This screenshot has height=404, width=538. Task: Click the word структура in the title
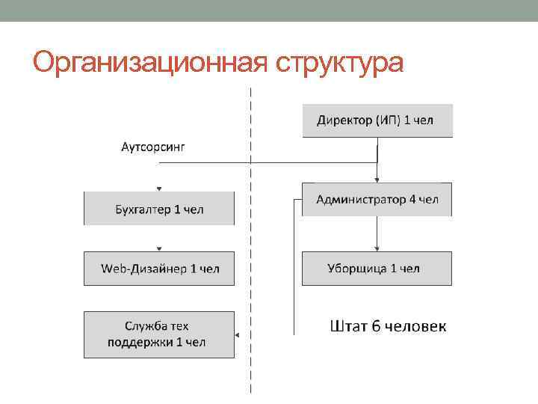[339, 64]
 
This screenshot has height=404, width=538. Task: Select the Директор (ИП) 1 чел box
[377, 120]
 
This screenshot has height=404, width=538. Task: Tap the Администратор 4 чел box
[377, 200]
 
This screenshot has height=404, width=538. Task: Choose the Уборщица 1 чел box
[377, 269]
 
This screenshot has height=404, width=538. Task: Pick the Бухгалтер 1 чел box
[158, 209]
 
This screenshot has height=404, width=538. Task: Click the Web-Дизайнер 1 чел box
[158, 269]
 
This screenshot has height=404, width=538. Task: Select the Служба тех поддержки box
[158, 334]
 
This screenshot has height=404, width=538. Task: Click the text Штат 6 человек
[388, 325]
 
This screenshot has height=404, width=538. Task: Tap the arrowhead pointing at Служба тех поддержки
[237, 335]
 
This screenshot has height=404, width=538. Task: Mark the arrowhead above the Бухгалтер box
[158, 189]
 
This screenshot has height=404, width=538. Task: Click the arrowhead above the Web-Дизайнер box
[158, 248]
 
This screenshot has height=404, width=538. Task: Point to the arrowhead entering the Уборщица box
[377, 249]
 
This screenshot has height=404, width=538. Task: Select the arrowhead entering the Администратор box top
[377, 180]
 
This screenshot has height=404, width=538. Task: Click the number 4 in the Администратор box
[410, 200]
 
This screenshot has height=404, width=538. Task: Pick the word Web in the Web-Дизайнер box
[114, 269]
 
